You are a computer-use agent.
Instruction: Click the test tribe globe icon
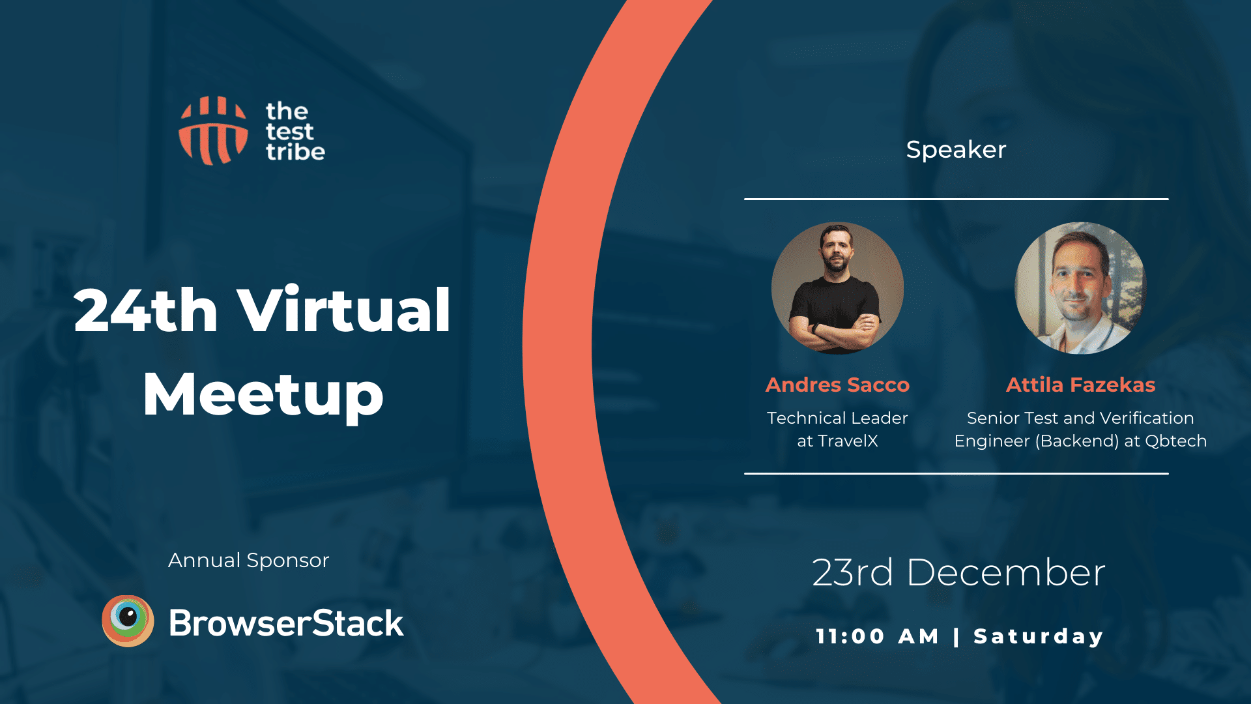tap(214, 130)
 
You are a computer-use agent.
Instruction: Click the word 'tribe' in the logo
tap(295, 152)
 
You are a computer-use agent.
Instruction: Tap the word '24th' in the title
tap(145, 311)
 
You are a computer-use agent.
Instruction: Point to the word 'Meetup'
tap(263, 395)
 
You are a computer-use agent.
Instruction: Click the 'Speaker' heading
tap(956, 150)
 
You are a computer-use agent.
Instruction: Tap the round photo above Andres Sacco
tap(837, 288)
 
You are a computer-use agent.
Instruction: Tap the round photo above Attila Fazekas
tap(1080, 288)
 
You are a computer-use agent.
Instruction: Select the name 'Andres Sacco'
tap(837, 385)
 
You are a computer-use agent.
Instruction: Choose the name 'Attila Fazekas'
tap(1080, 385)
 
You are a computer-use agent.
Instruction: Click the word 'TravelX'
tap(848, 441)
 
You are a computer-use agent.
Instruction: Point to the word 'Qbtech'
tap(1176, 441)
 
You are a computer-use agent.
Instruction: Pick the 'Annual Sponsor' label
tap(248, 561)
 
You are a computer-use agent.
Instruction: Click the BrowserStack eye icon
tap(128, 621)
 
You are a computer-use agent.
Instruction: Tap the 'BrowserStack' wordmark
tap(286, 623)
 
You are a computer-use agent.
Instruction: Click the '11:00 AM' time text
tap(878, 636)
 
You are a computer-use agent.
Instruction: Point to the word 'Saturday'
tap(1039, 637)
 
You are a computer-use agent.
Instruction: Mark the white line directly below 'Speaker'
tap(956, 199)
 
